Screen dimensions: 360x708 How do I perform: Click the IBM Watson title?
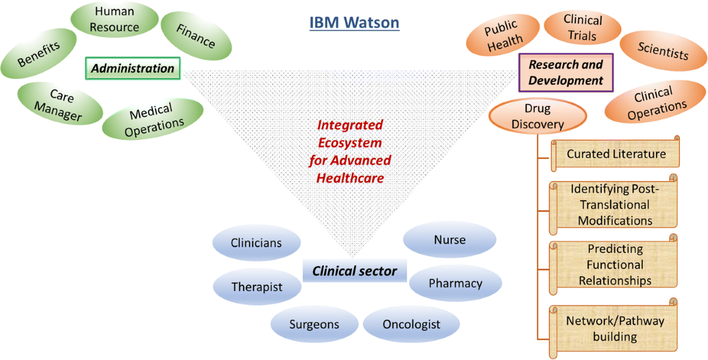tap(355, 23)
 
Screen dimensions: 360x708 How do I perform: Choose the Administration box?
tap(132, 68)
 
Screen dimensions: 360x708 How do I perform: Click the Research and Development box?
tap(566, 72)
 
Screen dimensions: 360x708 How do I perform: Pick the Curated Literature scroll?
tap(615, 154)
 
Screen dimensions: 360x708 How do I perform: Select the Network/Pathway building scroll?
tap(614, 329)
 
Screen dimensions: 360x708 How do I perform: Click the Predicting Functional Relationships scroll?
tap(614, 264)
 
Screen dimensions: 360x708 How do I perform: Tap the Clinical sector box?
tap(355, 271)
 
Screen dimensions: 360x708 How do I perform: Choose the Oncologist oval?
tap(411, 324)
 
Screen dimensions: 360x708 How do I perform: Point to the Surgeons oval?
tap(314, 324)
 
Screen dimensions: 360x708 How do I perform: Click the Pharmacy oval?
tap(455, 283)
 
